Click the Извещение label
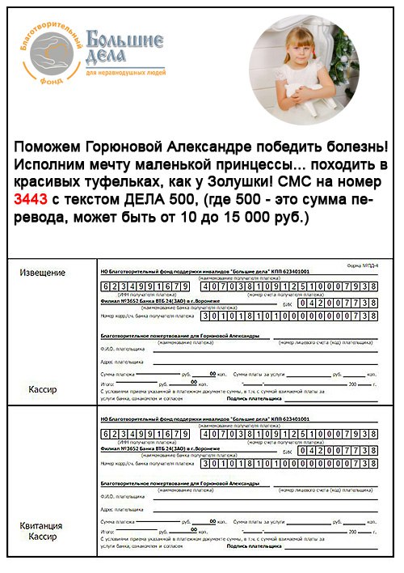click(41, 273)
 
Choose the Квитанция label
click(40, 525)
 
